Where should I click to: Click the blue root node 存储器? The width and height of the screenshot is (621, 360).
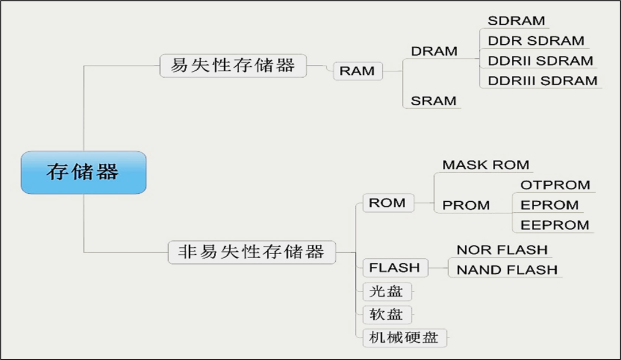coord(83,172)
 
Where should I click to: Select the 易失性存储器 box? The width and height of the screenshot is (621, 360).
coord(233,66)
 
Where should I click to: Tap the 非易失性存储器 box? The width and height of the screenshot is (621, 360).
coord(252,252)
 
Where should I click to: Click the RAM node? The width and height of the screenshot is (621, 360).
coord(357,71)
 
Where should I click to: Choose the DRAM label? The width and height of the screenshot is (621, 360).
coord(434,51)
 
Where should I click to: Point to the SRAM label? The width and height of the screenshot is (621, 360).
coord(434,101)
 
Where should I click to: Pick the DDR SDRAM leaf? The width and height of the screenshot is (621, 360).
coord(536,41)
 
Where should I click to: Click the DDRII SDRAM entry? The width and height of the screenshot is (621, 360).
coord(540,61)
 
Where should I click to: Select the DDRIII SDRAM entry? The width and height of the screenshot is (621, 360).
coord(542,81)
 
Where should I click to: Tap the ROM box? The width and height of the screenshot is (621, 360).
coord(388,203)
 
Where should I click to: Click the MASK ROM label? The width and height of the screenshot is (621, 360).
coord(486,165)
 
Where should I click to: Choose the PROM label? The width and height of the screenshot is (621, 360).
coord(466,205)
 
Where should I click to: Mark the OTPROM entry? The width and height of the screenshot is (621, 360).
coord(555,185)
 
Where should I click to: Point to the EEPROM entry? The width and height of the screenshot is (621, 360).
coord(555,225)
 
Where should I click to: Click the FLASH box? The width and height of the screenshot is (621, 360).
coord(394,268)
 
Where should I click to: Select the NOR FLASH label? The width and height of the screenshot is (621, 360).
coord(502,250)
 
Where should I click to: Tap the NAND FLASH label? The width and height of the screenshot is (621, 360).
coord(507,270)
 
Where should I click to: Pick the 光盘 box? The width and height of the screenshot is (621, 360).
coord(386,292)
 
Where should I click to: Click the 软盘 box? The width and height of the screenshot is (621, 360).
coord(386,315)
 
